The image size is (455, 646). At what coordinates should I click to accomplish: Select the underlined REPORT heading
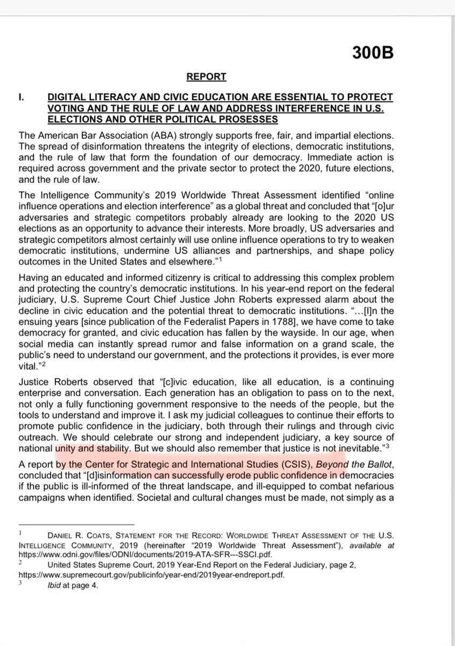(x=206, y=77)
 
